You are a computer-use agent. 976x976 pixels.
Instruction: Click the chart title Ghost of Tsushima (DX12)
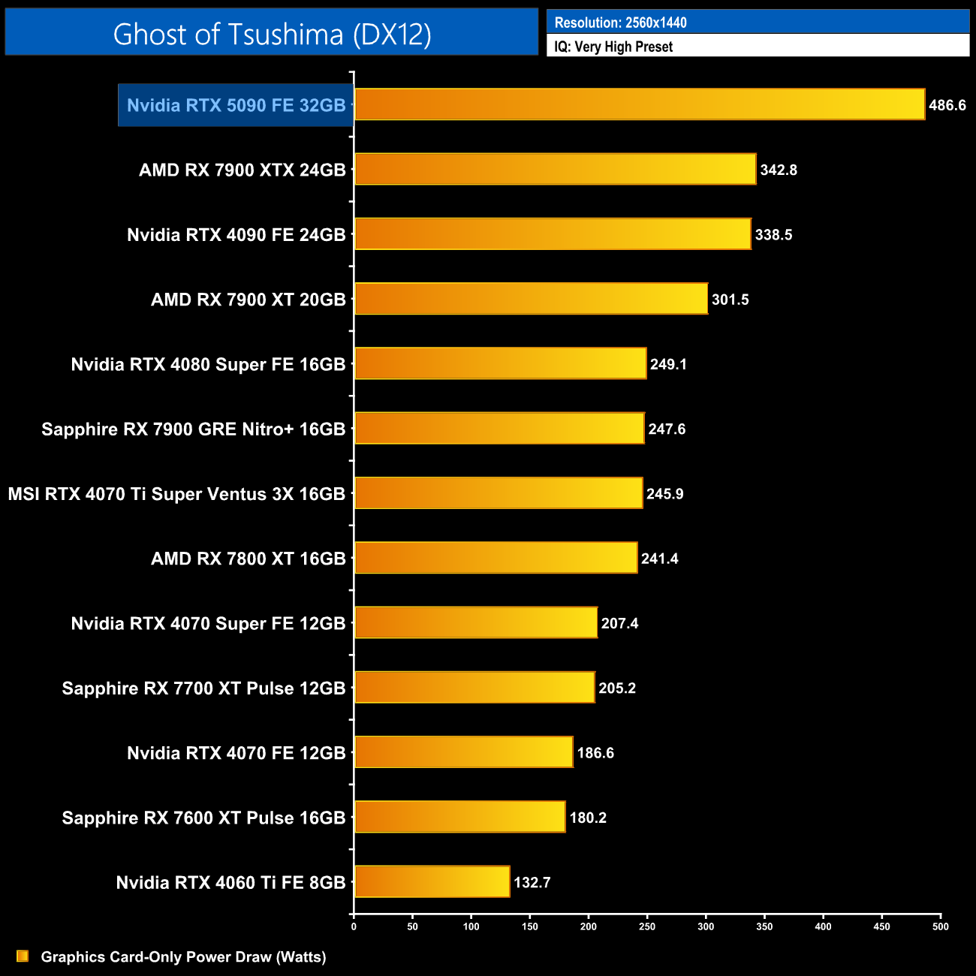[272, 34]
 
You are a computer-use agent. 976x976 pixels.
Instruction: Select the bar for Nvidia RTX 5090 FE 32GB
[639, 104]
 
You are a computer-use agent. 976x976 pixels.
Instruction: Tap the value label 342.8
[779, 170]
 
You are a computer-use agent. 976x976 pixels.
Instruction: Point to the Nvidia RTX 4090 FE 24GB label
[236, 235]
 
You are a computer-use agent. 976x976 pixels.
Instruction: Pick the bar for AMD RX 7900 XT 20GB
[531, 299]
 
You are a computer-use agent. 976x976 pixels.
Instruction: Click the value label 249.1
[668, 364]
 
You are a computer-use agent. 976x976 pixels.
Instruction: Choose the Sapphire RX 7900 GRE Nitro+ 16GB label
[193, 429]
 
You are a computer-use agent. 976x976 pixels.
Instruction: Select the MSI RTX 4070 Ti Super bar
[499, 493]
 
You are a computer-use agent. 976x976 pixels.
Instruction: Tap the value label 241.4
[659, 559]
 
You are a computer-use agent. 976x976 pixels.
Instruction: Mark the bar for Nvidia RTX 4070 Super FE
[476, 622]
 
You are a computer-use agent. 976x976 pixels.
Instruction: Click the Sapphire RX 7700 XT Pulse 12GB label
[203, 688]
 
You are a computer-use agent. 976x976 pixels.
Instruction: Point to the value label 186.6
[595, 753]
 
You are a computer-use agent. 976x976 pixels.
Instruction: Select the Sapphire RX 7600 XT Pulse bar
[459, 817]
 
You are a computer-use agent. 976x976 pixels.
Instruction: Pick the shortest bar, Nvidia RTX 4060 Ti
[432, 881]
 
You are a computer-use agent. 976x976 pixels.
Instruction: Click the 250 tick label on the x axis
[647, 926]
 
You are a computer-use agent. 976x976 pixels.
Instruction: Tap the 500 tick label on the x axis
[940, 926]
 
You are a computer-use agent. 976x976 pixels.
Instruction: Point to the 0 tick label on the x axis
[354, 926]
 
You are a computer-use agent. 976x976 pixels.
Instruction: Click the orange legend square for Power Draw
[23, 956]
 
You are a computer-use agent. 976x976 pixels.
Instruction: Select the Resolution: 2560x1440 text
[620, 23]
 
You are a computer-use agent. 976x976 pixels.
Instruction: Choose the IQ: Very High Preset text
[613, 47]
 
